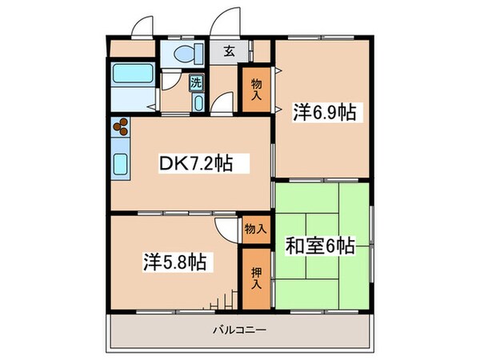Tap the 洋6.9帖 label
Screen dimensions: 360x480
(323, 114)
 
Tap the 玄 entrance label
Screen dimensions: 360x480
(229, 52)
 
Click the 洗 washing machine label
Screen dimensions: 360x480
(196, 82)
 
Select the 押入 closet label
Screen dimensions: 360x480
(255, 278)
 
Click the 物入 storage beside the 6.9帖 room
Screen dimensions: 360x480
(256, 88)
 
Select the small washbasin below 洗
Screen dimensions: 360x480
(198, 103)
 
